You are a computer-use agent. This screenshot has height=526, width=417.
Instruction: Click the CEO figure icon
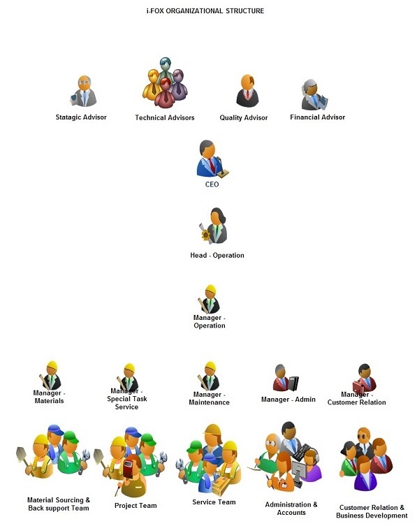click(x=213, y=159)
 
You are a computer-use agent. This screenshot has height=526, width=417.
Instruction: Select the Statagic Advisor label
click(x=81, y=117)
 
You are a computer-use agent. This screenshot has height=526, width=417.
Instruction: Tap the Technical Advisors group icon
click(x=165, y=82)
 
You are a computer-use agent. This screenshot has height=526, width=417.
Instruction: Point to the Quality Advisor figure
click(x=247, y=91)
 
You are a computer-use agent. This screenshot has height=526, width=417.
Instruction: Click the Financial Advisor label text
click(x=317, y=117)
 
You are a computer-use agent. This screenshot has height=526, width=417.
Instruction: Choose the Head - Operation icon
click(x=214, y=226)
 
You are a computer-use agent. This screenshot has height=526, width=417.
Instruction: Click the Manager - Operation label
click(x=210, y=321)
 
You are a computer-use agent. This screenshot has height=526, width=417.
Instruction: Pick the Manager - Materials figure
click(x=51, y=376)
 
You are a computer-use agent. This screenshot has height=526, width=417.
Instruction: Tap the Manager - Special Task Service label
click(x=127, y=399)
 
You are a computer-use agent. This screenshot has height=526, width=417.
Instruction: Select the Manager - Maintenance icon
click(x=209, y=376)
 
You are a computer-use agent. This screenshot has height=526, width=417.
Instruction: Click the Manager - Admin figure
click(x=285, y=378)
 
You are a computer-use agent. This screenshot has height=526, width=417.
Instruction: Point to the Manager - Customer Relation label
click(x=357, y=398)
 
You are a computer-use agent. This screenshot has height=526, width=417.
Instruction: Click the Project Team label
click(x=136, y=506)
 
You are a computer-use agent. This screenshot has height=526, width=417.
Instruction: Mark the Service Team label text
click(x=214, y=502)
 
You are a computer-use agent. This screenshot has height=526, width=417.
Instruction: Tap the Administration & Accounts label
click(x=291, y=509)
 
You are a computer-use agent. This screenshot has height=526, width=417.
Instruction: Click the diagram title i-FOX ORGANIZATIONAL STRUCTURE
click(x=205, y=10)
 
